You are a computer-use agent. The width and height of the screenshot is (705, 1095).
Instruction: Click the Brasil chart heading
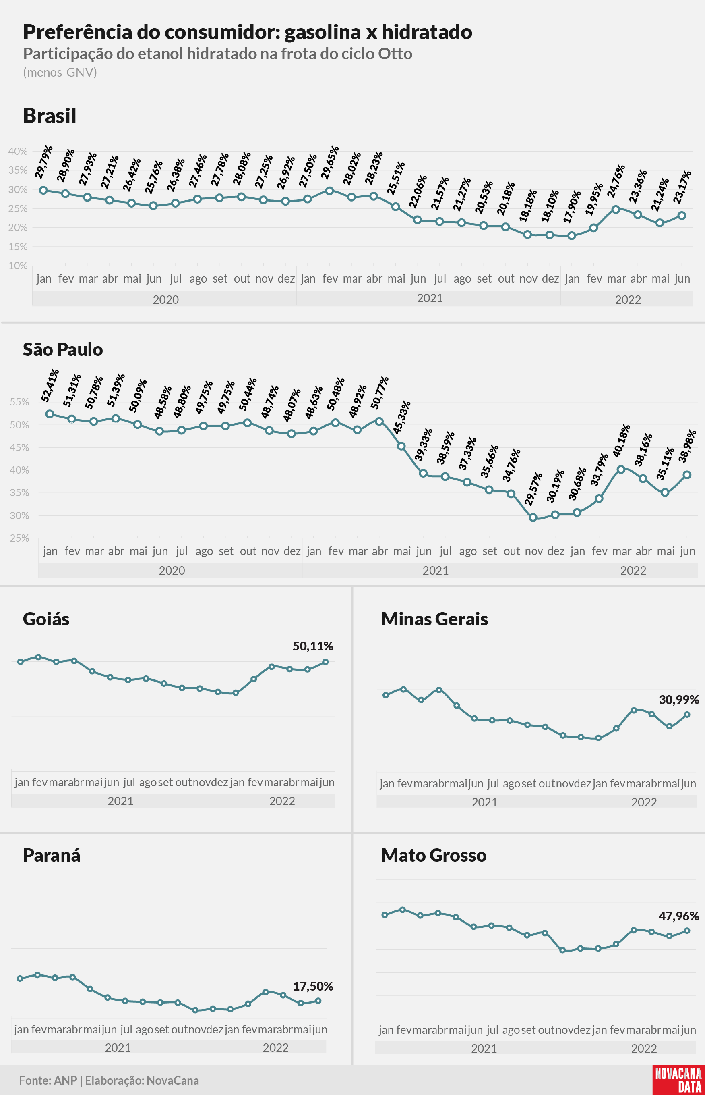tap(50, 115)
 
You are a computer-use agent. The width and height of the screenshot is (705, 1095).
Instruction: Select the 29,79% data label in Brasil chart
tap(44, 162)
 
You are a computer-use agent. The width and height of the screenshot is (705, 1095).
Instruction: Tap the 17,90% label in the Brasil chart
tap(572, 207)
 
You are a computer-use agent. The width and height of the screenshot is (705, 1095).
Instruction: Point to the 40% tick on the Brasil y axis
tap(18, 151)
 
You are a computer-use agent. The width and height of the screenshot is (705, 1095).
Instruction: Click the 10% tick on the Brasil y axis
tap(18, 266)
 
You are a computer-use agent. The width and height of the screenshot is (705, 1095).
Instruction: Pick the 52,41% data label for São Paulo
tap(50, 385)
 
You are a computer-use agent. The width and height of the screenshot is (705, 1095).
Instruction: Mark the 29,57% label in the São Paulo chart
tap(533, 489)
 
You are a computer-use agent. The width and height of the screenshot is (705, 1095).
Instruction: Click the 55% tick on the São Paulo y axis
tap(19, 402)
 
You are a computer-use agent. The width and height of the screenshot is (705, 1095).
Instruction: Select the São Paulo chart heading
tap(63, 349)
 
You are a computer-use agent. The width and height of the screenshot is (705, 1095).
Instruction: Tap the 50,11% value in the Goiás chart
tap(313, 646)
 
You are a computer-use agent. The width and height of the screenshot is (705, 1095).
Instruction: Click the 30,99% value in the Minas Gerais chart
tap(679, 700)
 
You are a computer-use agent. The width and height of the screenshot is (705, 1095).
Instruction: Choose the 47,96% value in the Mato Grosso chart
tap(679, 916)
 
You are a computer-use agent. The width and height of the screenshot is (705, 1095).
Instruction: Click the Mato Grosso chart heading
tap(434, 855)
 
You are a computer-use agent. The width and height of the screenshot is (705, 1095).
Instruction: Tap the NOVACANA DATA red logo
tap(678, 1080)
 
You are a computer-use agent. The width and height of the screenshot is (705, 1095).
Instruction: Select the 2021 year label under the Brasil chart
tap(430, 298)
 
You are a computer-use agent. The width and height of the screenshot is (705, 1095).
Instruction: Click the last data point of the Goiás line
tap(325, 662)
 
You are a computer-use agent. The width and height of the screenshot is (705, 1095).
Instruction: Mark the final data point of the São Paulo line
tap(687, 475)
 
